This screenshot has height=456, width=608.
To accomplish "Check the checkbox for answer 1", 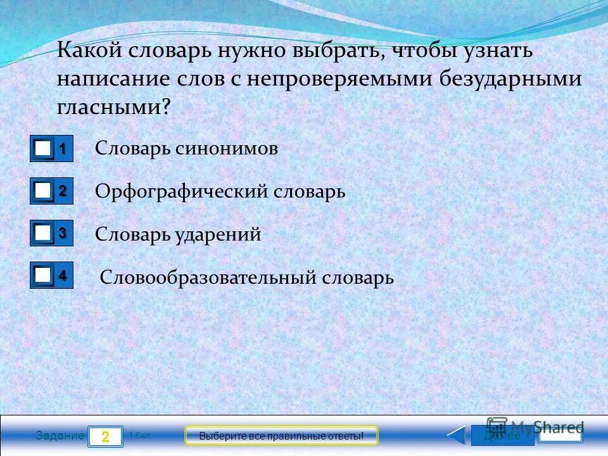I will click(43, 149).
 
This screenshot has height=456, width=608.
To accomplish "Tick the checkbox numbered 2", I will click(43, 191).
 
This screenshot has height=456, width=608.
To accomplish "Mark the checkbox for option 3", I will click(43, 234).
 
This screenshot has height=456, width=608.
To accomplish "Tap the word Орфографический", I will click(182, 191).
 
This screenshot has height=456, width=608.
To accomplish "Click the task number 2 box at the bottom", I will click(105, 436).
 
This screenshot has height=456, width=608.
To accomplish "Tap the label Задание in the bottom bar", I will click(60, 436).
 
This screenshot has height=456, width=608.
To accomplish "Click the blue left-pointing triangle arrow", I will click(456, 436).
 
